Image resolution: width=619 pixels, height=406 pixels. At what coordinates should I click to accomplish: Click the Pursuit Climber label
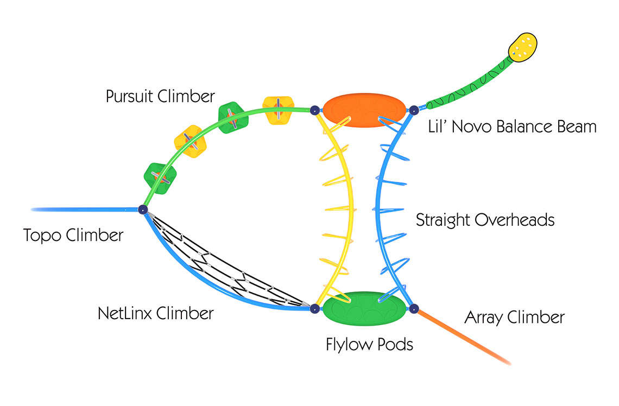pos(160,97)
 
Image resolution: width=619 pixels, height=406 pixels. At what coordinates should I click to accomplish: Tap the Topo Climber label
pos(73,236)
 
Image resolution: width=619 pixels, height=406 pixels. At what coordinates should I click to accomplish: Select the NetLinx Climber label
pos(156,313)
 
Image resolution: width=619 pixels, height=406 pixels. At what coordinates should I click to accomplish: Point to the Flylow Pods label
pos(369,344)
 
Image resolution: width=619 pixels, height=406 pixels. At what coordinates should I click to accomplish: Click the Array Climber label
pos(514,318)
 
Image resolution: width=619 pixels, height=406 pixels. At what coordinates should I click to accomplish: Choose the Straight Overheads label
pos(485,220)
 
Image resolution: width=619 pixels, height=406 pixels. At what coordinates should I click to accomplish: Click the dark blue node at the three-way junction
pos(143,210)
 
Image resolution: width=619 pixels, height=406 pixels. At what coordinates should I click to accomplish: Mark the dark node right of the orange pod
pos(413,111)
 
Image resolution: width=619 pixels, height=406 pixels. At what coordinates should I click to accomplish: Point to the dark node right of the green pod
pos(414,309)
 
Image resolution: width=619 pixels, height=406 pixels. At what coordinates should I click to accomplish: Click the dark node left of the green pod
pos(314,309)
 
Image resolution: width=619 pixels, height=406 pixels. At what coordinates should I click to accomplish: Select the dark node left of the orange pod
pos(314,110)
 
